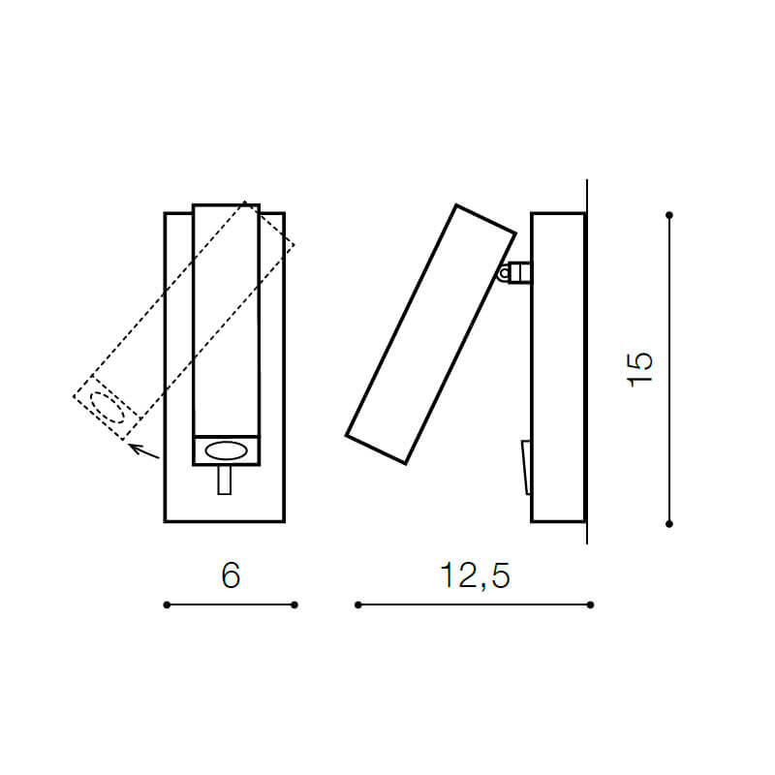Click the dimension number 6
(231, 575)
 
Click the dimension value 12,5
(475, 575)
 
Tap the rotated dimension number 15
(640, 369)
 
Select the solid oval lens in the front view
(227, 450)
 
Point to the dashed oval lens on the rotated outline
(107, 408)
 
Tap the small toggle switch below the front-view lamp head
(225, 480)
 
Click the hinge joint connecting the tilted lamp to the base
(514, 272)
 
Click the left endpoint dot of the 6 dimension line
(167, 604)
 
